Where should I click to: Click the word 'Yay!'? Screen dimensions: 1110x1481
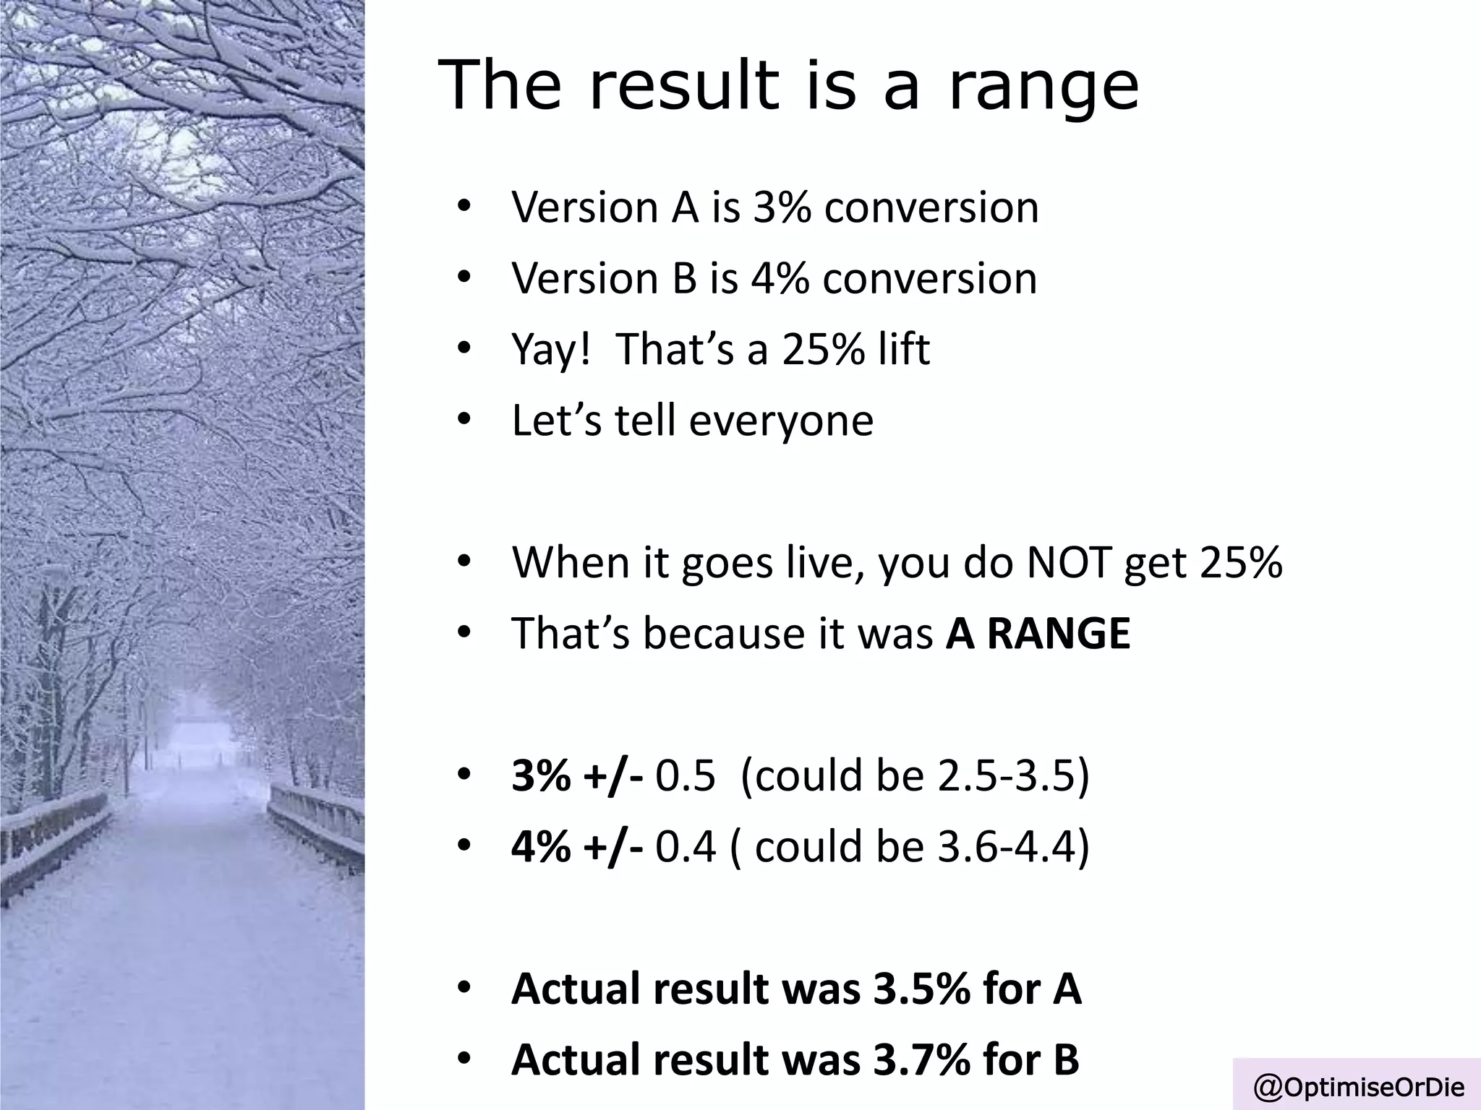551,350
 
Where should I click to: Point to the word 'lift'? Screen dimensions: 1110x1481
903,350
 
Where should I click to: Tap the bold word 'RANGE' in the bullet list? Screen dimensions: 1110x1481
1058,634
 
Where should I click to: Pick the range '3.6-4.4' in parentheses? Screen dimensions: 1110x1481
1006,847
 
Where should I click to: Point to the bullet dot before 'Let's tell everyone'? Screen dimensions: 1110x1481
464,420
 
